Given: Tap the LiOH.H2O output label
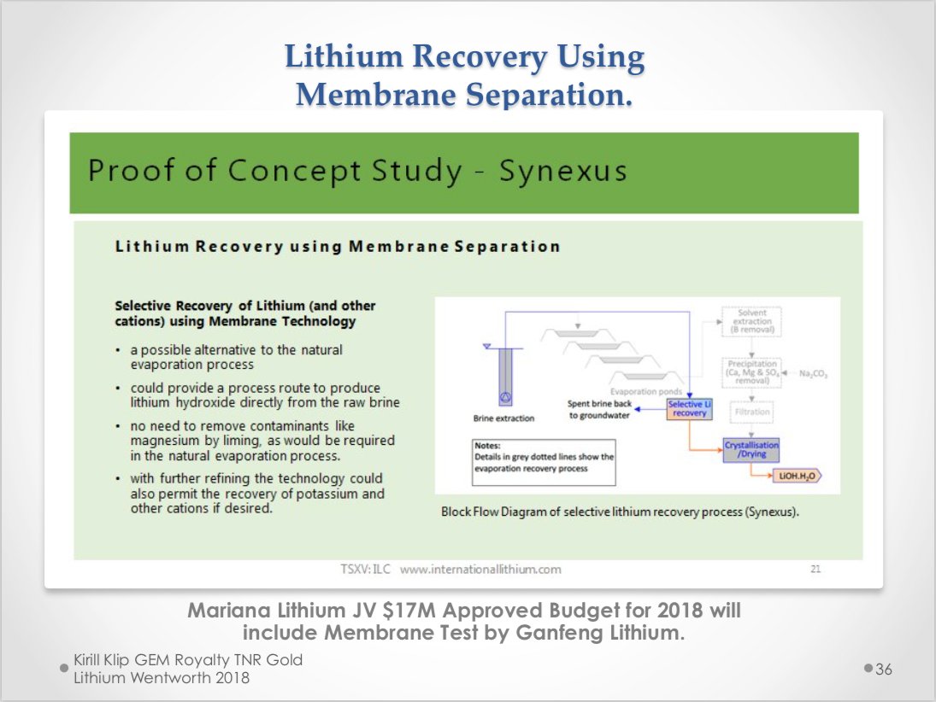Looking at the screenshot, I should (795, 477).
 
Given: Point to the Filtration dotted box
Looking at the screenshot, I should (751, 412).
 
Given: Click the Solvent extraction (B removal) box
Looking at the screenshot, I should (751, 321).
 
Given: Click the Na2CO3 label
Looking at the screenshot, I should (813, 374).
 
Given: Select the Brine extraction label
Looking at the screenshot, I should (503, 418).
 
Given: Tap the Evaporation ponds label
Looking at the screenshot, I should (646, 391).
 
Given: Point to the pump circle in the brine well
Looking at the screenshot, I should (504, 397).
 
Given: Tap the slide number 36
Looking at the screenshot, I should (883, 669).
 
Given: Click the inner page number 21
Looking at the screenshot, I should (815, 568).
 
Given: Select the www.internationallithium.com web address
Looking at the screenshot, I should (480, 568).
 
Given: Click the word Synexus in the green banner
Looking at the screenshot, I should (562, 171).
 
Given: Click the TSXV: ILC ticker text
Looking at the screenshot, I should (367, 568).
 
